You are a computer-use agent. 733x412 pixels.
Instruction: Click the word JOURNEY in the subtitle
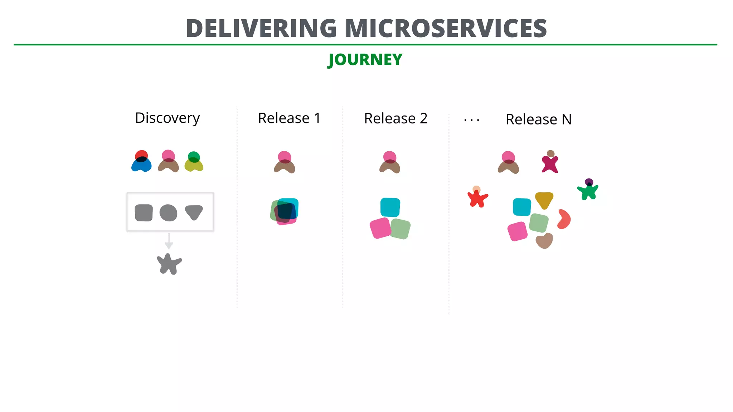[365, 59]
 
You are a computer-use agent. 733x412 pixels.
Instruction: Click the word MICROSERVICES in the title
[446, 29]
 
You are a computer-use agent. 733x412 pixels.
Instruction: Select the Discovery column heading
[167, 118]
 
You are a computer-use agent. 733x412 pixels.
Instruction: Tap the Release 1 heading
[289, 118]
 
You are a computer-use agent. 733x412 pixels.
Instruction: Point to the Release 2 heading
[395, 118]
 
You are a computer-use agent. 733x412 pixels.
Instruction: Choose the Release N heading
[538, 119]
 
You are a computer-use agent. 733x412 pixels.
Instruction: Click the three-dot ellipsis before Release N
[471, 121]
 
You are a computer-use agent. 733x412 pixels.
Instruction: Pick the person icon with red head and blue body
[141, 162]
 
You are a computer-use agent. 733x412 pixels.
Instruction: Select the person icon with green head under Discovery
[194, 162]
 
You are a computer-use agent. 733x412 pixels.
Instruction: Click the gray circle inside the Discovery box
[168, 213]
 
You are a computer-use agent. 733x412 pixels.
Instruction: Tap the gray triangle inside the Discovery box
[194, 212]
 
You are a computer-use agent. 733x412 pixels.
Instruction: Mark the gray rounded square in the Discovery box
[144, 213]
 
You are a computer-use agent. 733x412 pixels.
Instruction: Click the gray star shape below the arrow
[169, 264]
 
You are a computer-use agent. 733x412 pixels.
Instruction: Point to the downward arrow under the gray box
[169, 242]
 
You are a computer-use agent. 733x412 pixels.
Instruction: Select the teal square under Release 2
[390, 207]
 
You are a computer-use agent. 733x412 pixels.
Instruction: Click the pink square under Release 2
[380, 228]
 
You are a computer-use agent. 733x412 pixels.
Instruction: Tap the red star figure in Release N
[477, 198]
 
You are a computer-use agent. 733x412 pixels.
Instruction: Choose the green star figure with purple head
[588, 191]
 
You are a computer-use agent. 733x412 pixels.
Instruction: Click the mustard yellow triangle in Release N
[544, 200]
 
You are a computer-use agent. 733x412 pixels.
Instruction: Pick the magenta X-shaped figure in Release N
[550, 164]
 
